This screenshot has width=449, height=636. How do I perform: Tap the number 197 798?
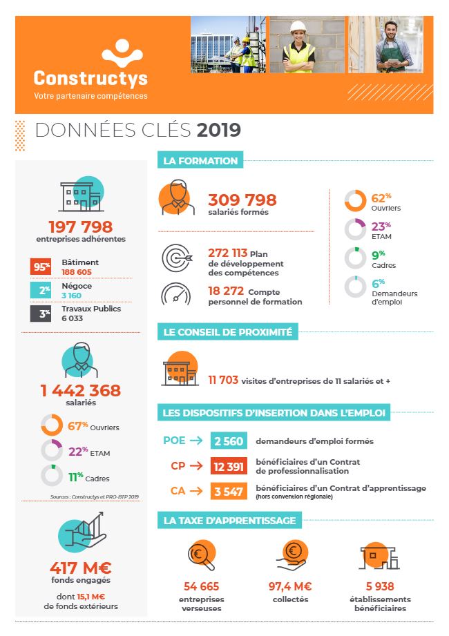coord(80,227)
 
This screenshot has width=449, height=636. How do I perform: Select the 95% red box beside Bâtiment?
coord(39,267)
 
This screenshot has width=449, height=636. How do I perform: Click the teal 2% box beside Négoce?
coord(39,290)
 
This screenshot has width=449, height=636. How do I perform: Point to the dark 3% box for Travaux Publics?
coord(39,314)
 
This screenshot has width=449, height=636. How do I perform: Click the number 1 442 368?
coord(80,390)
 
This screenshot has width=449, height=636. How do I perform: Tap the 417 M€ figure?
coord(80,568)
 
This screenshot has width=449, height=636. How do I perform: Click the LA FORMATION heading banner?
coord(200,161)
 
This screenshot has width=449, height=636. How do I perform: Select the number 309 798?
coord(242,200)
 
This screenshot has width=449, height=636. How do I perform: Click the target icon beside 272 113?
coord(175,259)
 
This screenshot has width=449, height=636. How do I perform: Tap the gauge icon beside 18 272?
coord(175,294)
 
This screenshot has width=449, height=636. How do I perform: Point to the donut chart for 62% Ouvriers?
coord(355,201)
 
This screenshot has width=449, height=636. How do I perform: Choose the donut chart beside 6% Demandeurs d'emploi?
coord(355,287)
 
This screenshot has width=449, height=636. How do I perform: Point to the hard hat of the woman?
coord(298,26)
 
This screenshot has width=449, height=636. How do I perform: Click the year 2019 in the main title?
coord(219,130)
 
